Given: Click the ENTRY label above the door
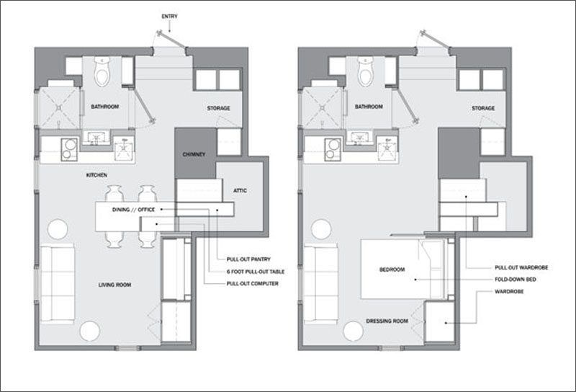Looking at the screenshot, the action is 169,17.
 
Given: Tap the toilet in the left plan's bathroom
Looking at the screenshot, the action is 102,71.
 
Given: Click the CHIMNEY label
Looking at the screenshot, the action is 194,154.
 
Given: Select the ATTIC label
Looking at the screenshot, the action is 240,190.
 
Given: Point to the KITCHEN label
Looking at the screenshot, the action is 96,175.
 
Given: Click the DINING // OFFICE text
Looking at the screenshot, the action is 133,210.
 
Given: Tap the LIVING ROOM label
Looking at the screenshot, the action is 114,285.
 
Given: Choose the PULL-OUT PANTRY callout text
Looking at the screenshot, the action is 248,259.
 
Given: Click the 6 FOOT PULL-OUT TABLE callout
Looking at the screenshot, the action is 256,272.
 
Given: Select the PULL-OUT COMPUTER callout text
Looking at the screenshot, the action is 253,283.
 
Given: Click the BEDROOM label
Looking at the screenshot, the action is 392,269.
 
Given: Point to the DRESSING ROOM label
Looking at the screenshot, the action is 387,321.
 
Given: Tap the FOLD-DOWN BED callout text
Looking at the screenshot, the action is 516,280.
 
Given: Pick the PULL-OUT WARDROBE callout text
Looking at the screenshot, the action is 521,268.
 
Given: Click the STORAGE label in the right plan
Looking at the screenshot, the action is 483,108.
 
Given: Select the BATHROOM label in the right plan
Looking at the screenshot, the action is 369,107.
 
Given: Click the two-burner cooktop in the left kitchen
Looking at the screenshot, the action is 69,150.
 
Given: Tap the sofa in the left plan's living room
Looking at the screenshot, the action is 58,283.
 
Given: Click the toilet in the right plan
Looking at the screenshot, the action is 366,71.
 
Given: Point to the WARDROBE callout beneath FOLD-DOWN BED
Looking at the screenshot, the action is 509,292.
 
